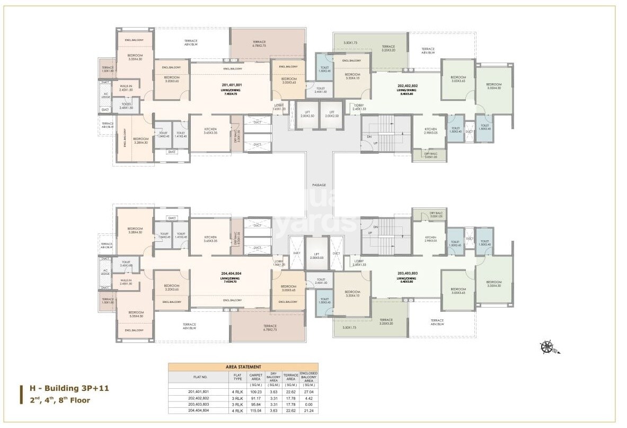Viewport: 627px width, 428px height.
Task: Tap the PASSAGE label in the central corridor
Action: pos(319,185)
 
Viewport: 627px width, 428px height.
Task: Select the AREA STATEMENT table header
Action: pos(243,366)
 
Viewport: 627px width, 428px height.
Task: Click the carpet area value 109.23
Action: pos(255,392)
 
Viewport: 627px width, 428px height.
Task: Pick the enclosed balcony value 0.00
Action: pos(308,404)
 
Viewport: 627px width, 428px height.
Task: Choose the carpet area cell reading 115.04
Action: pos(255,410)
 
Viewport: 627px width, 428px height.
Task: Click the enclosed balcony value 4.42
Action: pos(308,398)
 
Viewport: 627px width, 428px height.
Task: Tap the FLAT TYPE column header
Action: pos(237,377)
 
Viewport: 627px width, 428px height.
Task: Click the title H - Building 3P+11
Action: pos(69,388)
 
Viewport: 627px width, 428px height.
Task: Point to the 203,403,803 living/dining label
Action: pos(407,276)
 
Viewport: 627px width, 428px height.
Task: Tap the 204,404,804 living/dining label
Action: pos(232,276)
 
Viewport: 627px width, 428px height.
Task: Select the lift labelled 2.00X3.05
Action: pos(317,256)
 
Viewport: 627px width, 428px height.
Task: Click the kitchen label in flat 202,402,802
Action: pos(430,131)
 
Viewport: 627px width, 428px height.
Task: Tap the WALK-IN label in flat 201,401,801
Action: pos(126,88)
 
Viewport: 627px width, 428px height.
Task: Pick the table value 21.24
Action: pos(308,410)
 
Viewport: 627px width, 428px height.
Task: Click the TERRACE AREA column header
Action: pos(291,377)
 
